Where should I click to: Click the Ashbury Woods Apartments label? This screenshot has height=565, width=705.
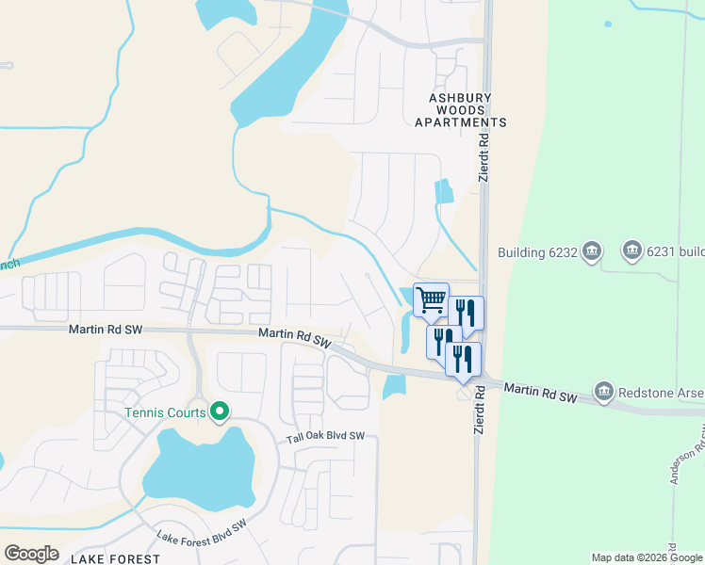461,109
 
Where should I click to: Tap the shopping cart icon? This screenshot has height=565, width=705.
431,300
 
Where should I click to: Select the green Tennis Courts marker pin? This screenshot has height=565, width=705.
220,412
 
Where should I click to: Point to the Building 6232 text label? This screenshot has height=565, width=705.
535,252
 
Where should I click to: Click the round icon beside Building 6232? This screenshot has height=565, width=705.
592,251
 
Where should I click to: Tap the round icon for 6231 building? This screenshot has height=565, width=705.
631,251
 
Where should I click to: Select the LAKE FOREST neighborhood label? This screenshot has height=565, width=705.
116,558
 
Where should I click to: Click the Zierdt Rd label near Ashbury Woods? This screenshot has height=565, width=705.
483,157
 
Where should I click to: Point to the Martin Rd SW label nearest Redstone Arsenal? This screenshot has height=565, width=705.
540,393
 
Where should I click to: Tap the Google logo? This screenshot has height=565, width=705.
31,554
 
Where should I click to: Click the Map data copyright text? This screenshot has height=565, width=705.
647,557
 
